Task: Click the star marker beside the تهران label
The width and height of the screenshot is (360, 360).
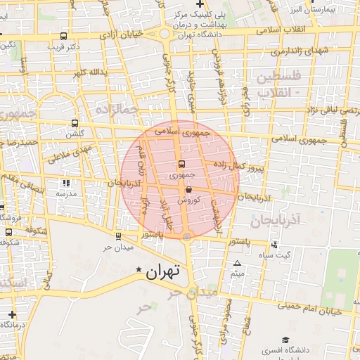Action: click(139, 269)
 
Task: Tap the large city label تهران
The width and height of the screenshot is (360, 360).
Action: click(164, 271)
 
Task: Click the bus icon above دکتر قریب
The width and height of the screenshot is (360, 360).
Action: click(64, 36)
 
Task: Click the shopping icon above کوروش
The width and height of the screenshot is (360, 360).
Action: click(189, 189)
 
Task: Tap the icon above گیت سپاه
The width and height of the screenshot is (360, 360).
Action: click(274, 245)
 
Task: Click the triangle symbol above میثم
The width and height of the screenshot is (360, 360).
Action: click(237, 264)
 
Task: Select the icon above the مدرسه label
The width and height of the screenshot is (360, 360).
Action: click(66, 183)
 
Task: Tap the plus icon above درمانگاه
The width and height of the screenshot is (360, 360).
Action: click(12, 314)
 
